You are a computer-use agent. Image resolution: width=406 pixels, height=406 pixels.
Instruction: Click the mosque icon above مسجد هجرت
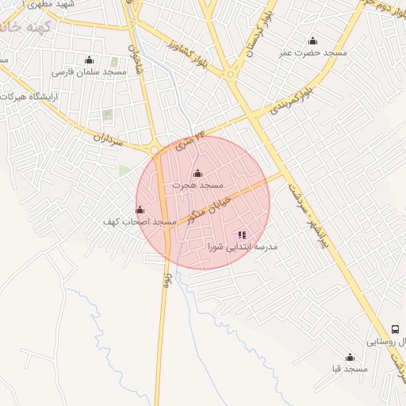point(197,173)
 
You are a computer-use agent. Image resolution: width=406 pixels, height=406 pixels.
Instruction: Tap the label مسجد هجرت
point(198,185)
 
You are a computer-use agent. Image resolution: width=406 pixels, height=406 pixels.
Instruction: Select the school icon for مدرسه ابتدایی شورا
point(242,235)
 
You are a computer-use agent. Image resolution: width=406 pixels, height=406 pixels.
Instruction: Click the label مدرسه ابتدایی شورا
point(243,247)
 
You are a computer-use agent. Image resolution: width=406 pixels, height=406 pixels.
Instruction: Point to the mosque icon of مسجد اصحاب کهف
point(140,209)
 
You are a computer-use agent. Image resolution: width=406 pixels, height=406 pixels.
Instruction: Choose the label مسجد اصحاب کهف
point(139,222)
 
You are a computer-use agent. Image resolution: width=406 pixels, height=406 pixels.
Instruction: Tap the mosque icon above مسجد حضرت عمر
point(312,41)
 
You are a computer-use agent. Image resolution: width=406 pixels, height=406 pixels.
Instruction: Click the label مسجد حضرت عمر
point(317,52)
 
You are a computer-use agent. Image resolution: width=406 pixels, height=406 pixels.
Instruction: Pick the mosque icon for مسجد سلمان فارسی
point(89,59)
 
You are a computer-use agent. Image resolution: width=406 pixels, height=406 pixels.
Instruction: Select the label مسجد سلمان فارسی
point(89,71)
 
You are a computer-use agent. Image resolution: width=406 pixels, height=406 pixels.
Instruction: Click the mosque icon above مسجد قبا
point(350,358)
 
